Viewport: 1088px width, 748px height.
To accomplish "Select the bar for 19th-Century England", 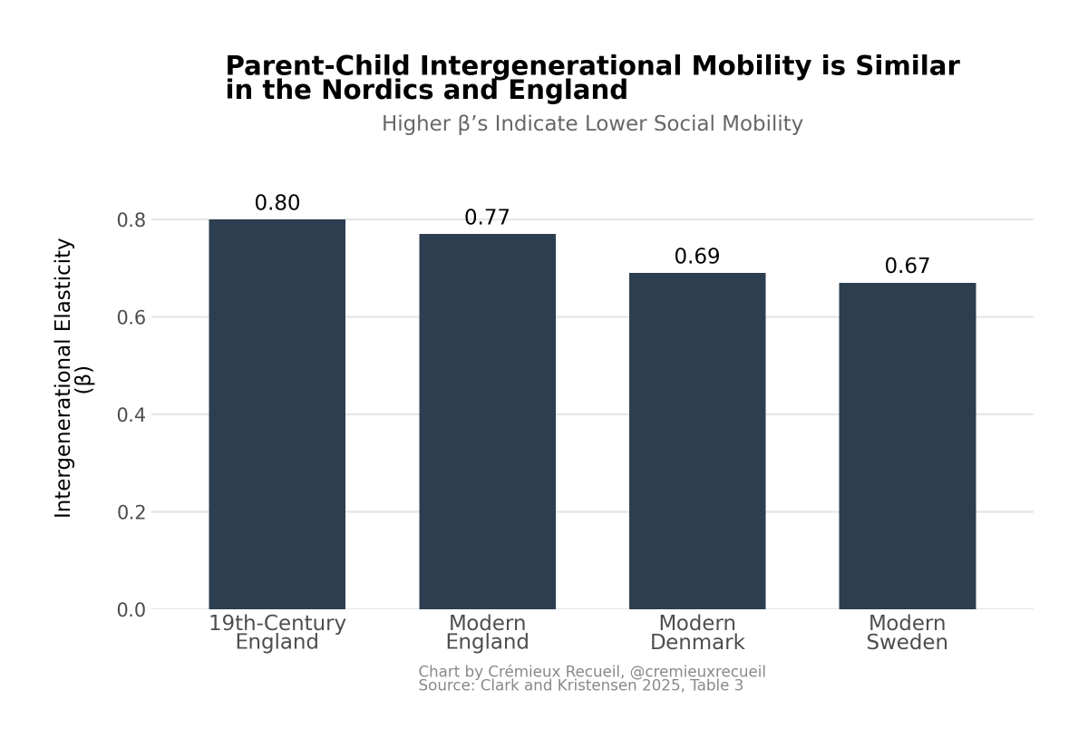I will [x=277, y=414].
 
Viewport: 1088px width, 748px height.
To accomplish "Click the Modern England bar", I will [x=487, y=422].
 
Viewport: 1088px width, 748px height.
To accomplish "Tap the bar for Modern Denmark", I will [x=697, y=442].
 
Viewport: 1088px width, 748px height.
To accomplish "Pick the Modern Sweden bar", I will [x=907, y=446].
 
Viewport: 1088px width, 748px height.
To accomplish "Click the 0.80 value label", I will [x=277, y=203].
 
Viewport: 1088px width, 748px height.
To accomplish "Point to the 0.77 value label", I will [x=487, y=218].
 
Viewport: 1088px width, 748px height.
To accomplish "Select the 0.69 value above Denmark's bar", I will [x=697, y=257].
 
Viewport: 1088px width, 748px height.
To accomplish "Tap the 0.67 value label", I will [x=907, y=267].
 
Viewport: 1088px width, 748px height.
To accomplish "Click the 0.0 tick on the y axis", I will [x=131, y=610].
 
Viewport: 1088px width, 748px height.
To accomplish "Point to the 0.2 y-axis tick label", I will [x=131, y=512].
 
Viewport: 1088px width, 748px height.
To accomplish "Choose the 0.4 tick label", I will [x=131, y=415].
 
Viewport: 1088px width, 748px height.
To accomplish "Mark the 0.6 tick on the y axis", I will [x=131, y=317].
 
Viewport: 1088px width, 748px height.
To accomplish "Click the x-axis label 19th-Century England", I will [x=277, y=633].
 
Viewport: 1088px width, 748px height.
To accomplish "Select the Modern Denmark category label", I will [x=697, y=633].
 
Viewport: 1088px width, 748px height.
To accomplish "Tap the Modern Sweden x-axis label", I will [x=907, y=633].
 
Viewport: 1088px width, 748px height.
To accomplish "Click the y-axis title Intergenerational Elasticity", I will [x=63, y=378].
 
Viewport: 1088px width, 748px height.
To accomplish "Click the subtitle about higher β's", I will [x=592, y=123].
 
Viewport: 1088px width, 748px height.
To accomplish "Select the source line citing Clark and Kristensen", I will [x=580, y=686].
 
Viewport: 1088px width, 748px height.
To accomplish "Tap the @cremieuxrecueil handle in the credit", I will [x=697, y=672].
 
